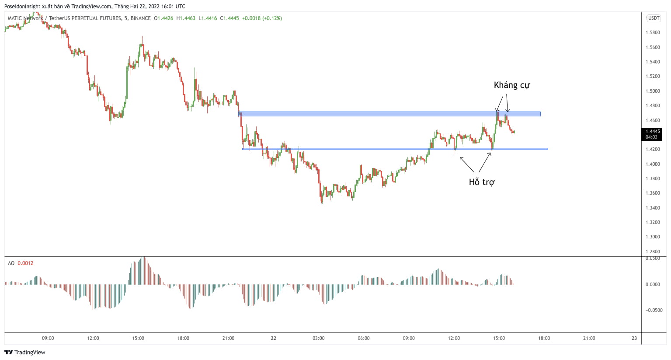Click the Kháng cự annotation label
point(511,85)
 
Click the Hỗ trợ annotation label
point(481,182)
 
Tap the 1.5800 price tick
point(653,33)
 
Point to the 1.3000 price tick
point(653,237)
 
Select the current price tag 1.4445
point(653,131)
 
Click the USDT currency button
point(654,18)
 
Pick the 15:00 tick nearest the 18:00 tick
point(499,338)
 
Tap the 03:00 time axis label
point(318,338)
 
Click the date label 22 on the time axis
point(274,338)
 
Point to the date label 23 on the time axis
point(634,338)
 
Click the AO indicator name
point(11,263)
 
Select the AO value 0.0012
point(25,263)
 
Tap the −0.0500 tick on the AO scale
point(654,310)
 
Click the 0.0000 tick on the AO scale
point(654,284)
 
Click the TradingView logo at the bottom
point(25,353)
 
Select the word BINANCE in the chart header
point(140,18)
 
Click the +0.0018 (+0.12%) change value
point(262,18)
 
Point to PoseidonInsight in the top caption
point(22,7)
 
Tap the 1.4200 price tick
point(653,150)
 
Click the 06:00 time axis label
point(363,338)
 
